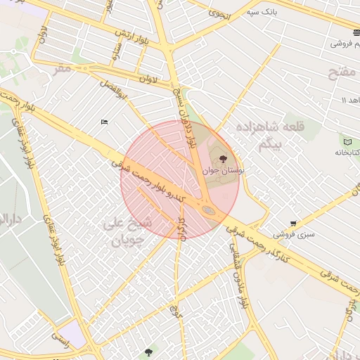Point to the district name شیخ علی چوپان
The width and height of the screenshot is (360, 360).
click(x=127, y=232)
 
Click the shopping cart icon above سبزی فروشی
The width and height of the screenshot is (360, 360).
click(x=293, y=224)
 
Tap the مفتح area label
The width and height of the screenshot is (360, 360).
click(x=343, y=72)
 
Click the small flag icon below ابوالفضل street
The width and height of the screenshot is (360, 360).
click(x=104, y=122)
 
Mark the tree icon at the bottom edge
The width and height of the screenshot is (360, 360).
click(x=148, y=352)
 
